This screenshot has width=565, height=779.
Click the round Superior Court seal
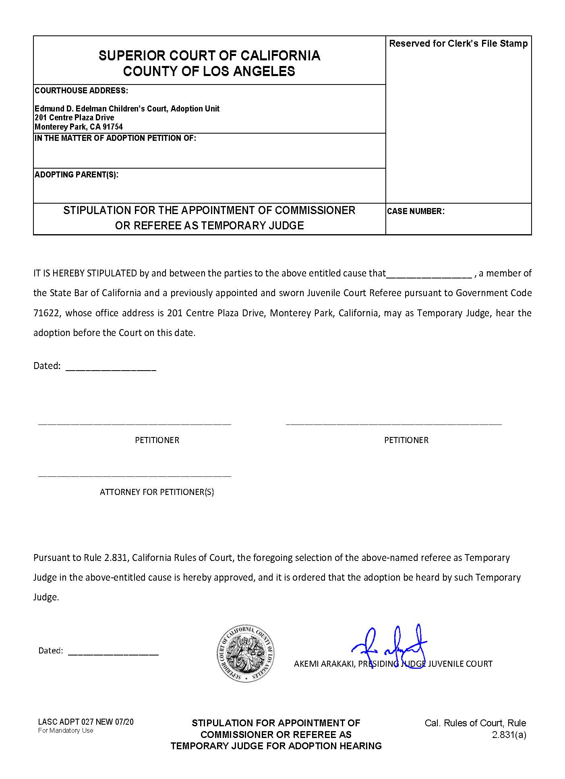(246, 654)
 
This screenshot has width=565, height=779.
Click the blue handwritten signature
(389, 645)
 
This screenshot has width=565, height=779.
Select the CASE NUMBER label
(416, 211)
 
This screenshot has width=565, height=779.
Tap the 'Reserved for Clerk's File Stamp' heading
(458, 43)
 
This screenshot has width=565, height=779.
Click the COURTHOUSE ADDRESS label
(81, 91)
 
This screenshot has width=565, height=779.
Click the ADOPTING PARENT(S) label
(77, 175)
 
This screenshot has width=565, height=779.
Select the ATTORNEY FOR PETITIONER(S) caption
(157, 492)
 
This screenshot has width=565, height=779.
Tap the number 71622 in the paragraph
(47, 313)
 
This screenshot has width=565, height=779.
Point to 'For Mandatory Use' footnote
(66, 730)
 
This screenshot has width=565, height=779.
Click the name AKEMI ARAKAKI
(324, 664)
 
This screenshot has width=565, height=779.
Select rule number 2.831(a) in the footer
(509, 735)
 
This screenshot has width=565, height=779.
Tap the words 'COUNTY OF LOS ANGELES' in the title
(209, 71)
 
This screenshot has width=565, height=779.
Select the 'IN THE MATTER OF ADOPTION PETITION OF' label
(116, 138)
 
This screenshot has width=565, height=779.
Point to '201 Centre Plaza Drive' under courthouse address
(75, 117)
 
